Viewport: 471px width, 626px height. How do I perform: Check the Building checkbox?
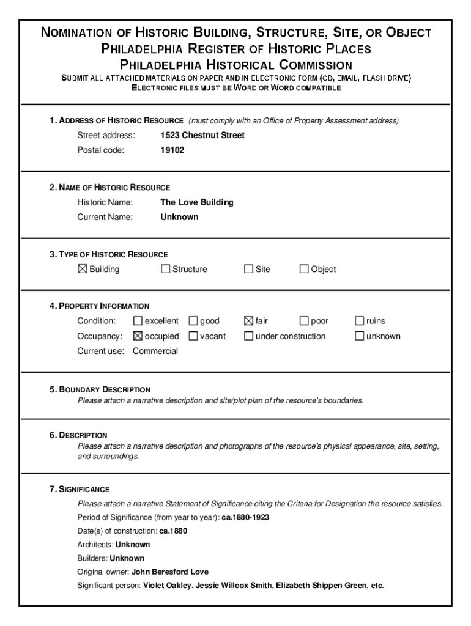[x=83, y=269]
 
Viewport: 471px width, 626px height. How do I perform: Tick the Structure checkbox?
[x=165, y=269]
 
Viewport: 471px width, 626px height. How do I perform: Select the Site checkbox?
[x=248, y=269]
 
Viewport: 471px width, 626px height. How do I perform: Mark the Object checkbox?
[x=304, y=269]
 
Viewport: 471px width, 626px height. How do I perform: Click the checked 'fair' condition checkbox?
[x=248, y=321]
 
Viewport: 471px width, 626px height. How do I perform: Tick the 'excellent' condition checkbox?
[x=138, y=321]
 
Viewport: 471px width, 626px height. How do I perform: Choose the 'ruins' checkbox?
[x=360, y=321]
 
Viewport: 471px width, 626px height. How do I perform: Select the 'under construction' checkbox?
[x=248, y=336]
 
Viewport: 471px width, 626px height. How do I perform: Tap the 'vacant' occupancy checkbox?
[x=193, y=336]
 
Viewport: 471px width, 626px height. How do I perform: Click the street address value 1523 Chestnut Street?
[x=202, y=135]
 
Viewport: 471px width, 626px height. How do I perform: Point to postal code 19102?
[x=172, y=150]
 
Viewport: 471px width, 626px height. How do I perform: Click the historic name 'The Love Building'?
[x=196, y=202]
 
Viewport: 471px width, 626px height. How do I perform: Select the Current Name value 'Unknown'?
[x=179, y=217]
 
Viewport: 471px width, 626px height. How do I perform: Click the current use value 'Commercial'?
[x=155, y=351]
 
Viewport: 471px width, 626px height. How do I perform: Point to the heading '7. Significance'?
[x=80, y=489]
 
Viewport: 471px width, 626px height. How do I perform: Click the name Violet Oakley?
[x=166, y=586]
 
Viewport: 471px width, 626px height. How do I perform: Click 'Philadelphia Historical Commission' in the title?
[x=236, y=64]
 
